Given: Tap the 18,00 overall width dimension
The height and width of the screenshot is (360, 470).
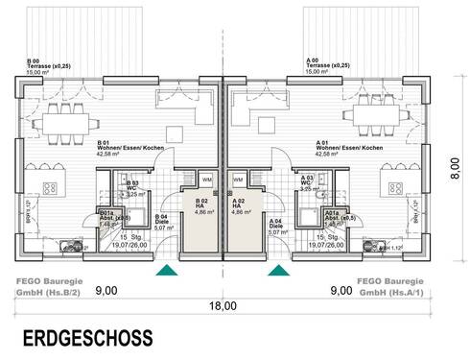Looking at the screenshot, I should tap(223, 306).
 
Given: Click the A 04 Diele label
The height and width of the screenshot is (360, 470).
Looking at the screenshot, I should tap(277, 227).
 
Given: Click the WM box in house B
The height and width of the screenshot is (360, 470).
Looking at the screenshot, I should tap(206, 179).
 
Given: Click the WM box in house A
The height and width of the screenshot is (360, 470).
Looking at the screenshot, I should tap(241, 179).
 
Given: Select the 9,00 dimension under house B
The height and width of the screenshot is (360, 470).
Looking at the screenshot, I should tap(106, 289).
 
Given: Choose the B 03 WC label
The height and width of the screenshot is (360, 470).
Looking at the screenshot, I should tap(134, 186).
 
